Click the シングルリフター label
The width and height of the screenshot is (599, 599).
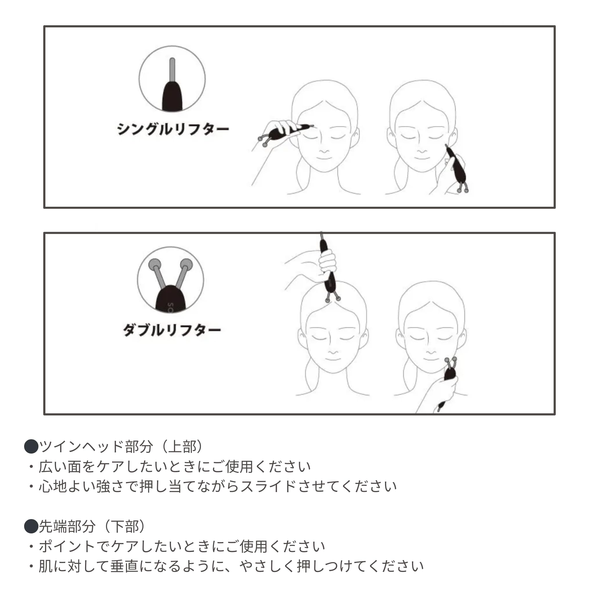(x=173, y=129)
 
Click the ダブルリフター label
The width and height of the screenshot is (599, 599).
(x=172, y=330)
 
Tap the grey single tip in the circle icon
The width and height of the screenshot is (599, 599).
(x=172, y=70)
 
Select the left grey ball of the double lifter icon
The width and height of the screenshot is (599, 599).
(x=155, y=265)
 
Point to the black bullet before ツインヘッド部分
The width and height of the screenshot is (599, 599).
(x=31, y=447)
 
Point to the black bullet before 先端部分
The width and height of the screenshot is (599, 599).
(x=31, y=526)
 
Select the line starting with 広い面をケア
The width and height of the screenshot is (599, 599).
(x=174, y=467)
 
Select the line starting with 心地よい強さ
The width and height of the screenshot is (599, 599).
(x=217, y=486)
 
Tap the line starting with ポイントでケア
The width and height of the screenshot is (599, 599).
(x=181, y=546)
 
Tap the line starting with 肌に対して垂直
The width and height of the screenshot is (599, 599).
(x=231, y=566)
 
